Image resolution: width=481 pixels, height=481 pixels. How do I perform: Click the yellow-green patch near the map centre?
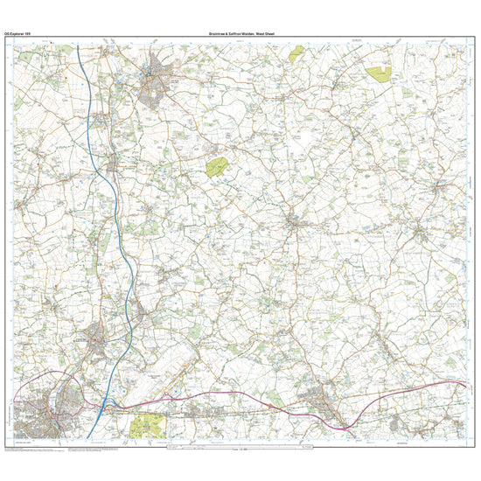pyautogui.click(x=217, y=164)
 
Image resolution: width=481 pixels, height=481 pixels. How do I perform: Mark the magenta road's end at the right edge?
pyautogui.click(x=464, y=384)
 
